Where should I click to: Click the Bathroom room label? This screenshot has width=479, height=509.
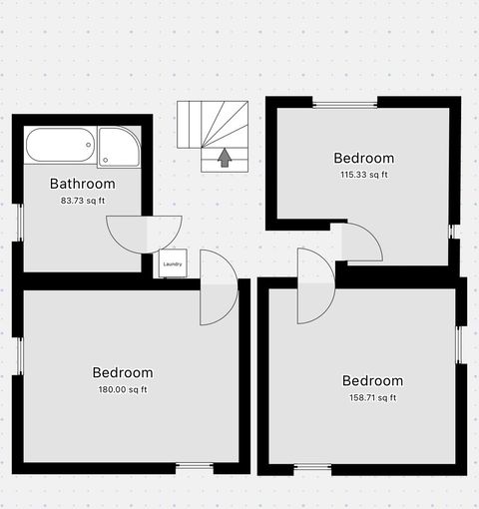coord(82,184)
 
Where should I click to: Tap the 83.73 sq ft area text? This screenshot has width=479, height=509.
coord(83,201)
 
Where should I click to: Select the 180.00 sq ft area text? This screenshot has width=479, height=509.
coord(123,390)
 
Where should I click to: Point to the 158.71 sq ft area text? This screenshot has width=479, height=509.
coord(372,397)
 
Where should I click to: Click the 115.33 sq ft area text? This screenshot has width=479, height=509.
coord(363,175)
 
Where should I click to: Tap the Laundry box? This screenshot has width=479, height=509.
coord(173,263)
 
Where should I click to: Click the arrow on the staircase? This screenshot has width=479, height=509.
coord(225,158)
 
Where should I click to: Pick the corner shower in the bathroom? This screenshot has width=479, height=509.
coord(120,146)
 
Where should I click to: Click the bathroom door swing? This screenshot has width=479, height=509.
coord(130,234)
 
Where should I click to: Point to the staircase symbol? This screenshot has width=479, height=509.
coord(216,136)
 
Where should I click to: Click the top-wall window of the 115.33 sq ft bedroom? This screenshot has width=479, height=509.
coord(345,102)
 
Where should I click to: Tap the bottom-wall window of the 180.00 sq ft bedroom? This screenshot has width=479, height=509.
coord(195,466)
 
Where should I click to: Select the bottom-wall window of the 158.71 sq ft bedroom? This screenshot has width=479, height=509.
coord(313,467)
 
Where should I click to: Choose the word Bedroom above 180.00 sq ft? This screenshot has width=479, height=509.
coord(123,373)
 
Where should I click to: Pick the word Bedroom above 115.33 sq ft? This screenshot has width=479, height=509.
coord(363,158)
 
